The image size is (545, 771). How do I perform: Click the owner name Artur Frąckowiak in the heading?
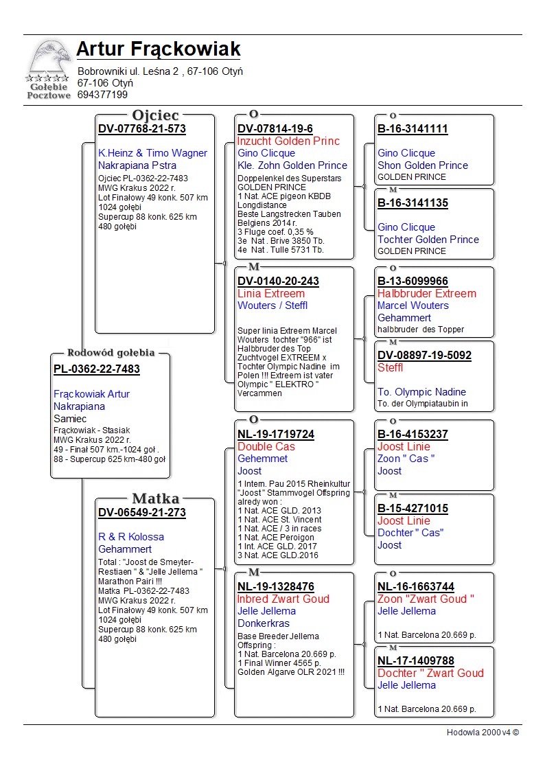pyautogui.click(x=158, y=49)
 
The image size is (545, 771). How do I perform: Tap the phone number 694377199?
pyautogui.click(x=102, y=95)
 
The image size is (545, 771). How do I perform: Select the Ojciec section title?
pyautogui.click(x=155, y=115)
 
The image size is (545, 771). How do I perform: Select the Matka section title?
pyautogui.click(x=155, y=498)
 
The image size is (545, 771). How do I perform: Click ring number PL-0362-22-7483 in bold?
pyautogui.click(x=97, y=369)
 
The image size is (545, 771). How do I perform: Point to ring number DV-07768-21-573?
pyautogui.click(x=142, y=129)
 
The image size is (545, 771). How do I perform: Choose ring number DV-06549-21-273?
pyautogui.click(x=142, y=513)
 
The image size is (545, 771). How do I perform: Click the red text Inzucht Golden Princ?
pyautogui.click(x=288, y=141)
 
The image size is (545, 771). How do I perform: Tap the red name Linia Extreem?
pyautogui.click(x=270, y=294)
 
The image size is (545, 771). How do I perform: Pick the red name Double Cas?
pyautogui.click(x=266, y=447)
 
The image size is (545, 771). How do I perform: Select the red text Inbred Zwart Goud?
pyautogui.click(x=283, y=599)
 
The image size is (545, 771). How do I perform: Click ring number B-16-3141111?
pyautogui.click(x=413, y=129)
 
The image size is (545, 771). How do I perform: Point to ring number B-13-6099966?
pyautogui.click(x=413, y=281)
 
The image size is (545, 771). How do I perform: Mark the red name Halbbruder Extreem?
pyautogui.click(x=426, y=294)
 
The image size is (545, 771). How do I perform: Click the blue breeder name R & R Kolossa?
pyautogui.click(x=131, y=537)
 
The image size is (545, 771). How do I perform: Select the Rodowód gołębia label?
pyautogui.click(x=111, y=353)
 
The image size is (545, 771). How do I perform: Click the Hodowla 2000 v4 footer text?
pyautogui.click(x=483, y=733)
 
